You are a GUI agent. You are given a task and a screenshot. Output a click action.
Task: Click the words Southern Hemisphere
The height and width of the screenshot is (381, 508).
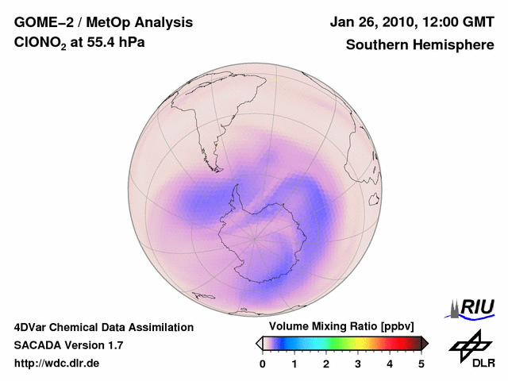pos(420,45)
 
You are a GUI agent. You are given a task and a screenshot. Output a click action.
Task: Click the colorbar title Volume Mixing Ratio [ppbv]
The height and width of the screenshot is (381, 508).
pos(342,327)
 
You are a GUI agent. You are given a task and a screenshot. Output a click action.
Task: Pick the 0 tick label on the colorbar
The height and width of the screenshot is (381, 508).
pos(263,364)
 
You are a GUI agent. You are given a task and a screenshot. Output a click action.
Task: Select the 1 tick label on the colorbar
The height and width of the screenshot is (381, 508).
pos(294,364)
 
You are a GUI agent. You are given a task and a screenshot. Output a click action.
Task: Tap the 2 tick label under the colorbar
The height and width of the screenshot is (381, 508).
pos(326,364)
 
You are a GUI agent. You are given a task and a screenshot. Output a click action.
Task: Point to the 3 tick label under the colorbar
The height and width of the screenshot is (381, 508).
pos(358,364)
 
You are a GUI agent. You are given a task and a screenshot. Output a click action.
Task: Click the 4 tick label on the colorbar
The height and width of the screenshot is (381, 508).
pos(390,364)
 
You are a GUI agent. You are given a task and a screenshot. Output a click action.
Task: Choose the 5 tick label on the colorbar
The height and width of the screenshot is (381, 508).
pos(421,364)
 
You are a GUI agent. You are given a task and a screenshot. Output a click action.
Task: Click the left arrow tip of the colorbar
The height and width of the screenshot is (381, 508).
pos(258,343)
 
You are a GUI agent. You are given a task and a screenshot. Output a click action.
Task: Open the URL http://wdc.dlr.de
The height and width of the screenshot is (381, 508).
pos(57,364)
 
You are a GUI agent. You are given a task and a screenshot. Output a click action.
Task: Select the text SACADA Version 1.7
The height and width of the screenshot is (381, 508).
pos(68,345)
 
